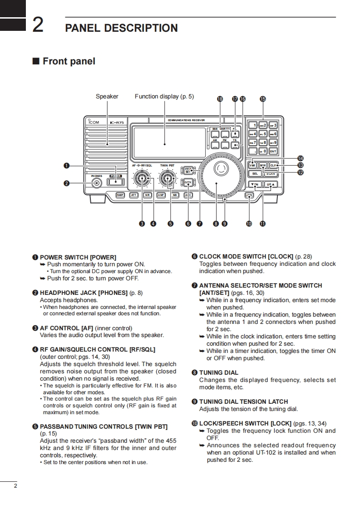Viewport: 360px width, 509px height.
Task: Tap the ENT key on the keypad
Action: point(272,151)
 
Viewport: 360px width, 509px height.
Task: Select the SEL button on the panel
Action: point(254,173)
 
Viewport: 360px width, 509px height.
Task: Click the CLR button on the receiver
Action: point(273,165)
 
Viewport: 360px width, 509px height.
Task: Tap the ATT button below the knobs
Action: point(133,195)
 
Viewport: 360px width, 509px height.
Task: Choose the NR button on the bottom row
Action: point(147,195)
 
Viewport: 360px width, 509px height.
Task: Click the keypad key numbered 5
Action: point(263,134)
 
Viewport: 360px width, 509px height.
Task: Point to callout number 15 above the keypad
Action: point(262,99)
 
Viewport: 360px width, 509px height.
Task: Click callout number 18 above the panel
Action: point(220,99)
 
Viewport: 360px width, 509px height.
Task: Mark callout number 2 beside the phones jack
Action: point(67,183)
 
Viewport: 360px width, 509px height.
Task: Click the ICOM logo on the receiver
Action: point(93,122)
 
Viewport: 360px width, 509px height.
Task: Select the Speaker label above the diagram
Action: point(107,96)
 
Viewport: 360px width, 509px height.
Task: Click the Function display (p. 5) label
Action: point(164,96)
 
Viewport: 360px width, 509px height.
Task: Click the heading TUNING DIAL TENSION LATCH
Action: point(243,401)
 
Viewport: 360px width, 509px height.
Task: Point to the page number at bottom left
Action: point(15,486)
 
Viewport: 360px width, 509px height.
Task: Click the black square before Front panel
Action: point(35,61)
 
